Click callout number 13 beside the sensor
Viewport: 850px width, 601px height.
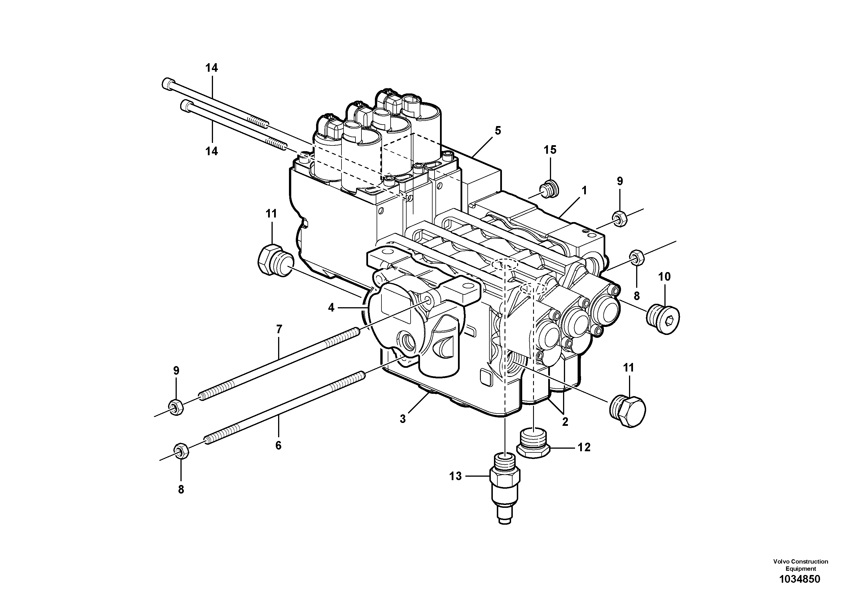pyautogui.click(x=455, y=476)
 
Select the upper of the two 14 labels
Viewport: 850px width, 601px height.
pyautogui.click(x=212, y=68)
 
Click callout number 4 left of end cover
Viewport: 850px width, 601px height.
pyautogui.click(x=331, y=308)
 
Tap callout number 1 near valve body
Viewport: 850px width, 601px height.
pyautogui.click(x=584, y=191)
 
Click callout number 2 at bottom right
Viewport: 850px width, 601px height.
pyautogui.click(x=565, y=422)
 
